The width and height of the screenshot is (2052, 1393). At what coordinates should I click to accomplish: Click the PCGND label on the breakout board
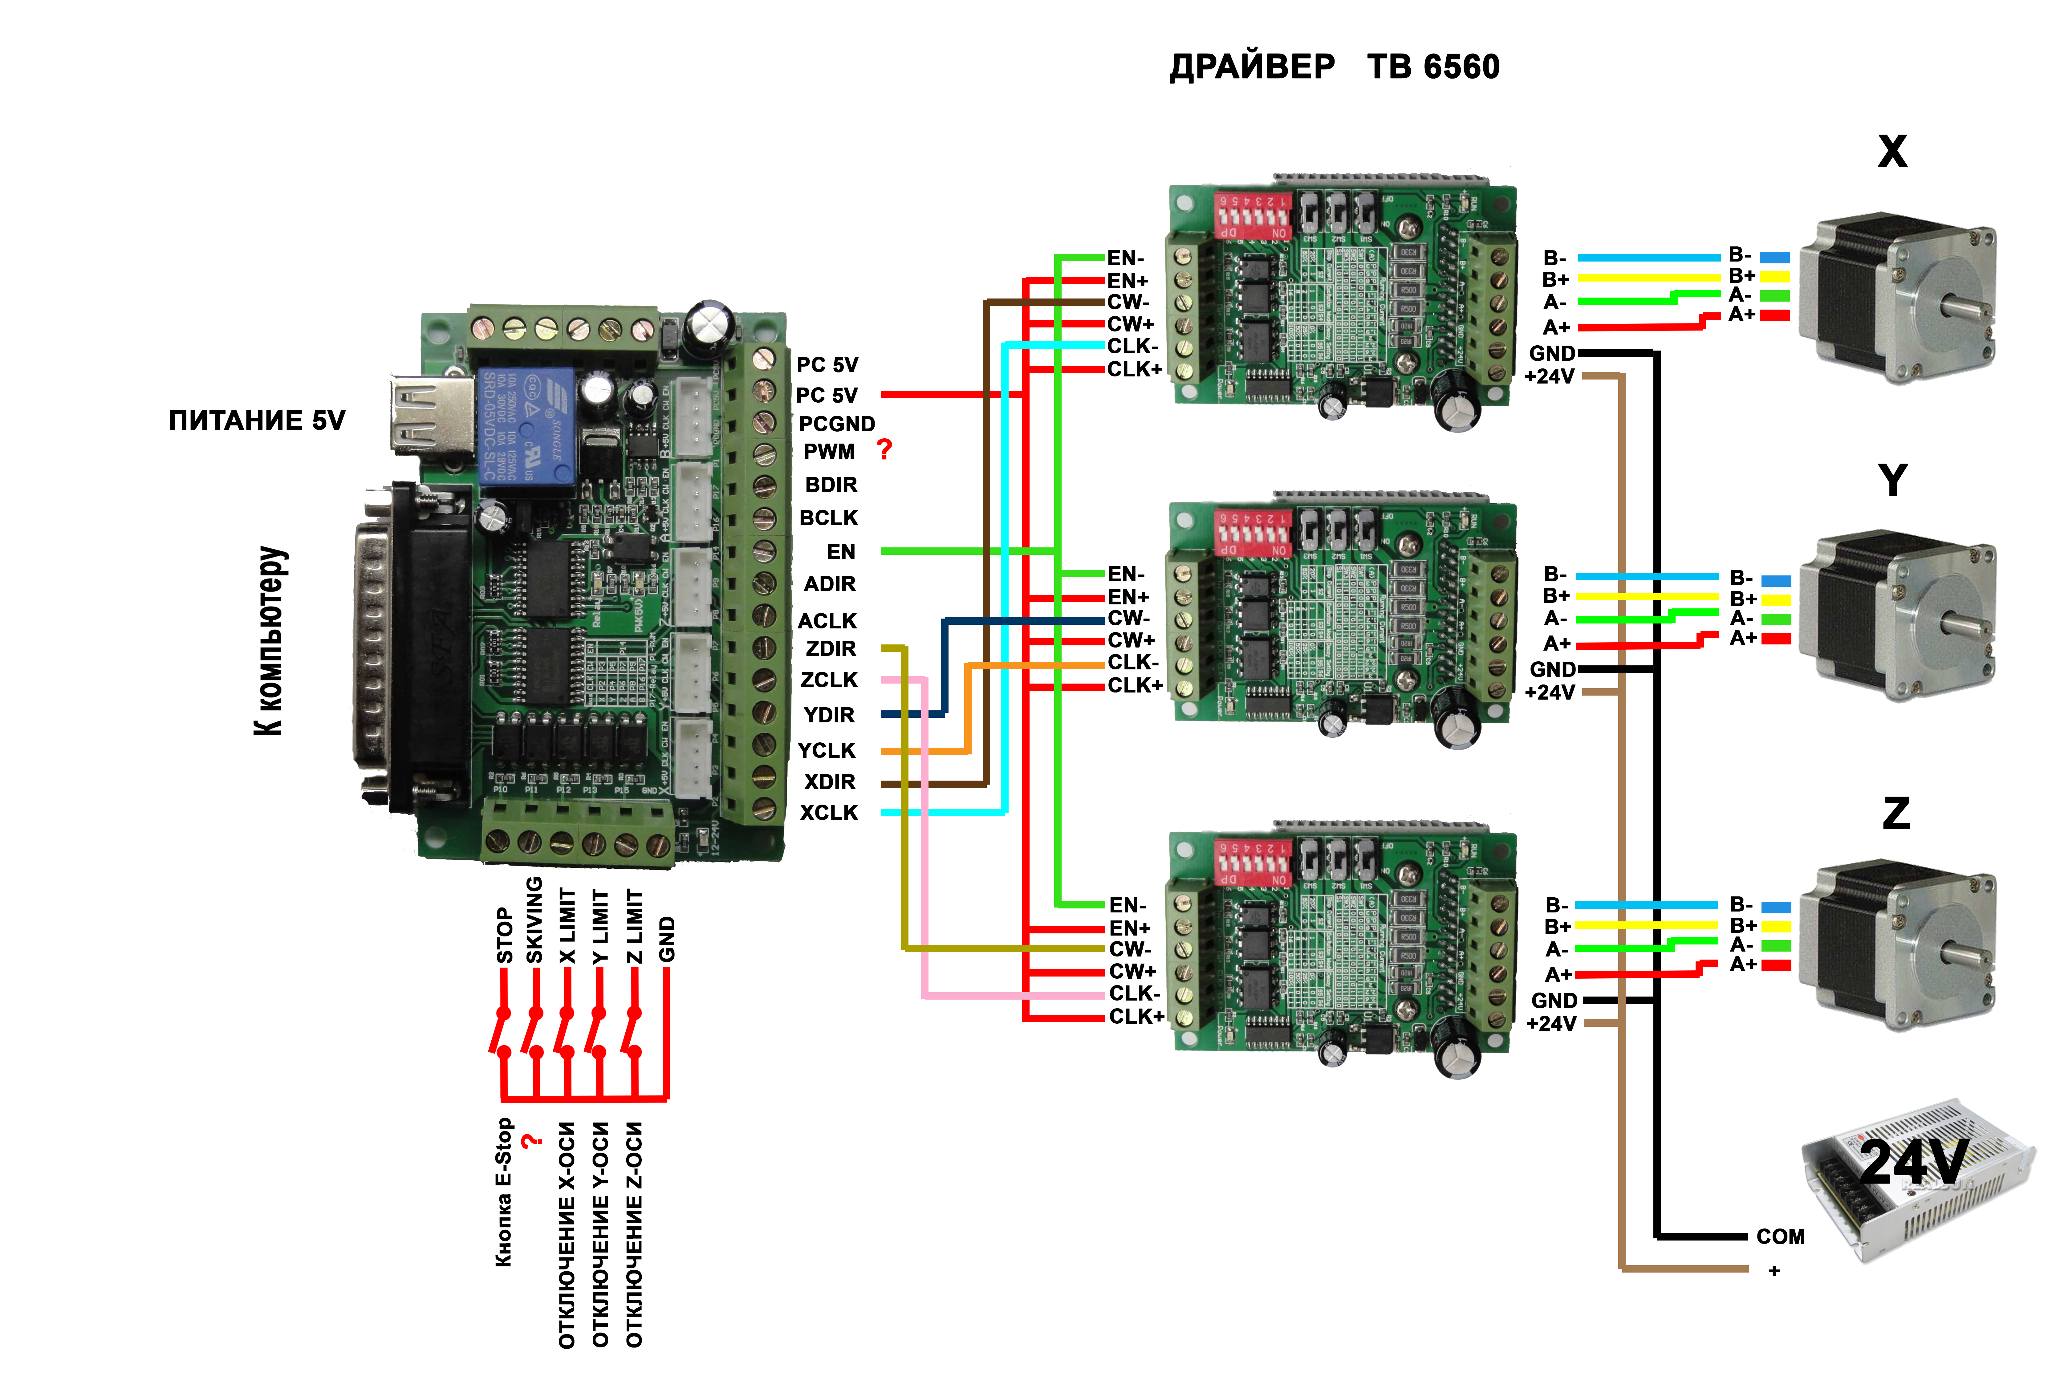pyautogui.click(x=836, y=424)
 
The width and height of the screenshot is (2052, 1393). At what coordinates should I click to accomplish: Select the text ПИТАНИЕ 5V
pyautogui.click(x=257, y=420)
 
